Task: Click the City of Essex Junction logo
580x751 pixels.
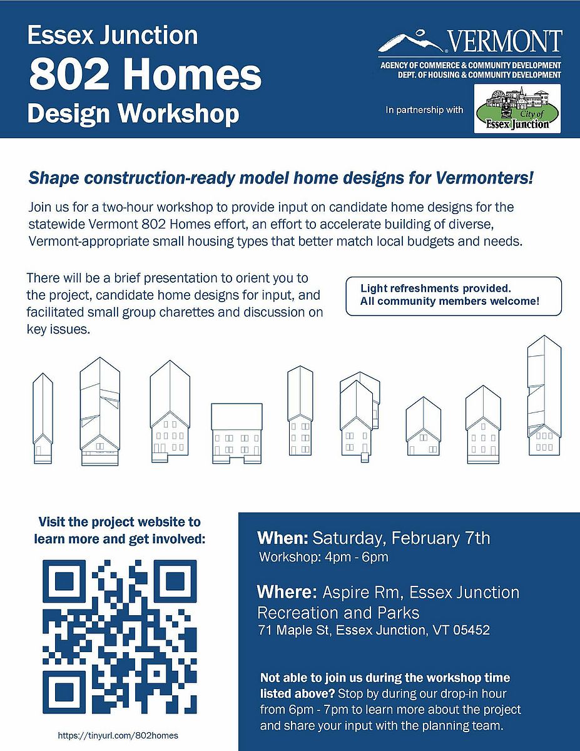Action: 517,108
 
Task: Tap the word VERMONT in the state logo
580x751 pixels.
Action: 506,41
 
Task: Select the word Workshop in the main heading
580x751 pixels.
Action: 178,114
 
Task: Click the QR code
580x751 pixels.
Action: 120,636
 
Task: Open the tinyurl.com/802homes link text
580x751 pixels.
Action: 118,735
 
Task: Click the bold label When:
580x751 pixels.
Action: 282,538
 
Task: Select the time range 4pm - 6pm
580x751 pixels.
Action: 357,557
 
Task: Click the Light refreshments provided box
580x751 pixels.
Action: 454,296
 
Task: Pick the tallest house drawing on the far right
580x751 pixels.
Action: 544,396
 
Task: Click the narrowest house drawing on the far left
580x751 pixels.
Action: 43,418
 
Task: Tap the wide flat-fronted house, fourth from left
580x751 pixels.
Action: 237,433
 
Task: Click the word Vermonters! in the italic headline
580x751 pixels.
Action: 484,178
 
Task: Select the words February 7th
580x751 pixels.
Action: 440,538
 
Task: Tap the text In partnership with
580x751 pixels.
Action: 424,110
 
